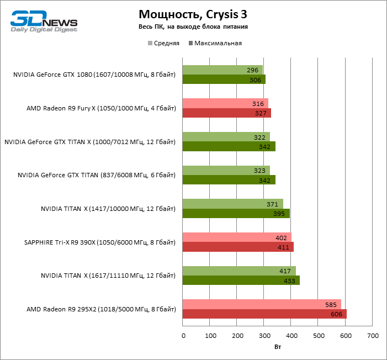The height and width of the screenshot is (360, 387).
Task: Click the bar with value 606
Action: click(264, 314)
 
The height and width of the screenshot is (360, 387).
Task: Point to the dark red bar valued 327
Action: click(226, 113)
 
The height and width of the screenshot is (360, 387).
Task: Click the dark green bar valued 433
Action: click(241, 280)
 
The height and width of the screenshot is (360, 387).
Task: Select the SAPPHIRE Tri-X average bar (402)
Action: click(236, 237)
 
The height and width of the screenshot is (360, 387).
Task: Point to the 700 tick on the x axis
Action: click(373, 336)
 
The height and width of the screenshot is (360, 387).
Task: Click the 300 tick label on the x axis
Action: click(264, 336)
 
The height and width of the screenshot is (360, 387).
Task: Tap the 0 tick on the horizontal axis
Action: click(183, 336)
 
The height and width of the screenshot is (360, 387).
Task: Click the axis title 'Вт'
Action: click(278, 348)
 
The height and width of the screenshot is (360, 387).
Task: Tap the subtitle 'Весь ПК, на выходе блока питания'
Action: click(193, 27)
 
